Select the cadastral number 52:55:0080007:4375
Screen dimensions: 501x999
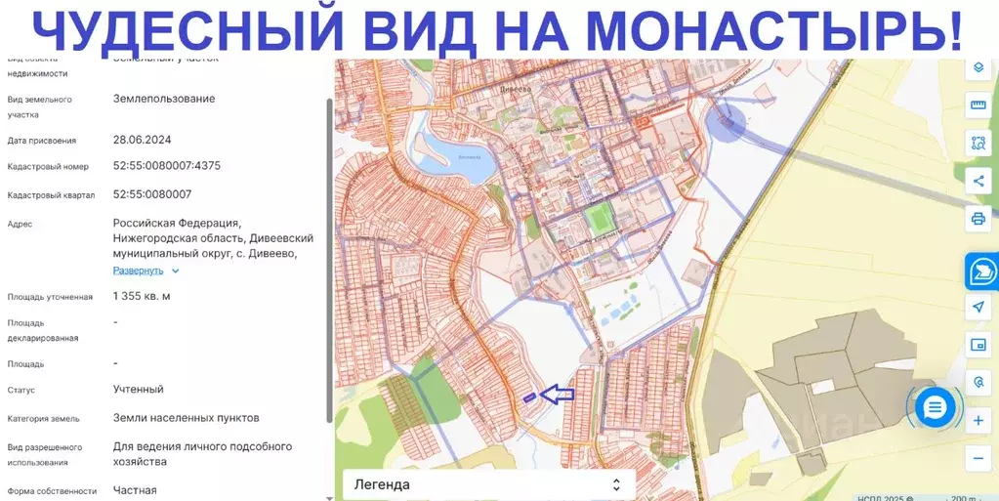pyautogui.click(x=167, y=166)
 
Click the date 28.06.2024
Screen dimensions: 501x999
pyautogui.click(x=143, y=141)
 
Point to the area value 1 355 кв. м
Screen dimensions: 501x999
pyautogui.click(x=142, y=296)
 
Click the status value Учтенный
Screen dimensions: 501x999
pyautogui.click(x=139, y=389)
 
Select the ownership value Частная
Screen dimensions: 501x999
pyautogui.click(x=135, y=490)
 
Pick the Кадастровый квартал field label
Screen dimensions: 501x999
pyautogui.click(x=51, y=195)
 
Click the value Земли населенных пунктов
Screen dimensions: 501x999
pyautogui.click(x=186, y=418)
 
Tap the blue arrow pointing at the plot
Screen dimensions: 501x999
pyautogui.click(x=558, y=395)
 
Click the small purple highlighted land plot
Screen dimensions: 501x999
pyautogui.click(x=529, y=397)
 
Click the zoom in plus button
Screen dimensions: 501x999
pyautogui.click(x=978, y=421)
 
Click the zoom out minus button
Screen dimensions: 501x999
pyautogui.click(x=978, y=457)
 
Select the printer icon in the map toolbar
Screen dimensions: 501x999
pyautogui.click(x=978, y=219)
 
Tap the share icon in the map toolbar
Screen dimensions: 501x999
pyautogui.click(x=978, y=181)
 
